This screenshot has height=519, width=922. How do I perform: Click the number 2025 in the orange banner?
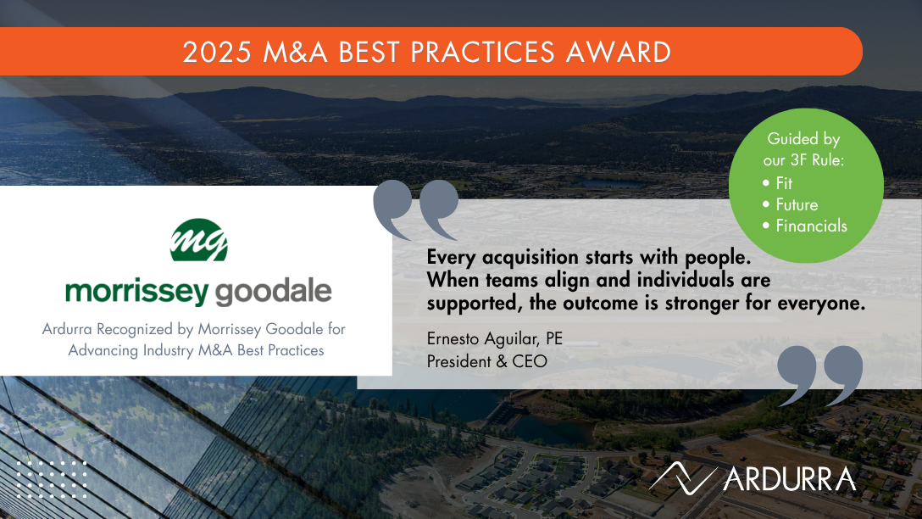(x=217, y=52)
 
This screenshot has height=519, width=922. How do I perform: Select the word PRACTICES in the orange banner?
(x=482, y=52)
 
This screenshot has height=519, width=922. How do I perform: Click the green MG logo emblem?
(x=199, y=240)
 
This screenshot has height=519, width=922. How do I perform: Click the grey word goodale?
(x=274, y=293)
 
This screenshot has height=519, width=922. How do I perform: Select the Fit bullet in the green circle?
(x=777, y=183)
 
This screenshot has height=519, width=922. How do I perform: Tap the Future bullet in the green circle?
(x=791, y=204)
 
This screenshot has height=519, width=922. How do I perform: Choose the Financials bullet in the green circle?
(x=805, y=226)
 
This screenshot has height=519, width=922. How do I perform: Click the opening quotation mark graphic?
(x=416, y=209)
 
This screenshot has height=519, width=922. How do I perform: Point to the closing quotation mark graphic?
(x=819, y=376)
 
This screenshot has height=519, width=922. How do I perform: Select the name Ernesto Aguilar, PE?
(x=495, y=339)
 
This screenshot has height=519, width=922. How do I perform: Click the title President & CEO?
(x=487, y=361)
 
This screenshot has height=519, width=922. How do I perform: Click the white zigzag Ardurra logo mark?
(x=683, y=477)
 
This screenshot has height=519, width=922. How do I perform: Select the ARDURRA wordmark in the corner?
(x=790, y=479)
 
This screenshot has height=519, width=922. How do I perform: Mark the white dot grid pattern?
(x=52, y=479)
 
